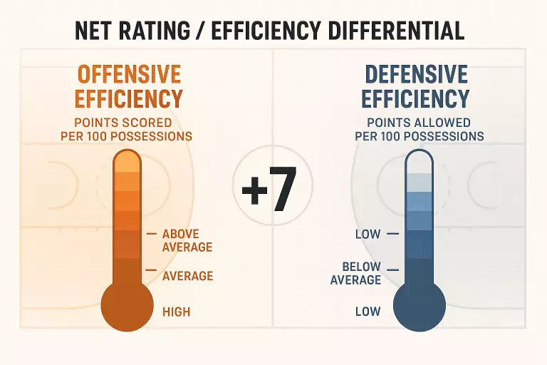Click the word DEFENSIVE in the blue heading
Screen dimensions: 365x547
tap(416, 74)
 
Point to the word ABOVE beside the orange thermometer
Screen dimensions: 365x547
tap(181, 234)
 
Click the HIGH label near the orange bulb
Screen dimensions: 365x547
tap(176, 312)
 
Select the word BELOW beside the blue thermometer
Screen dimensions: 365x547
tap(361, 267)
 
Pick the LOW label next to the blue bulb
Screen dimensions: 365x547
tap(368, 312)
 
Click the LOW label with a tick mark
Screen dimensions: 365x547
tap(368, 234)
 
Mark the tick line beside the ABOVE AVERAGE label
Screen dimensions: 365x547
tap(151, 234)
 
